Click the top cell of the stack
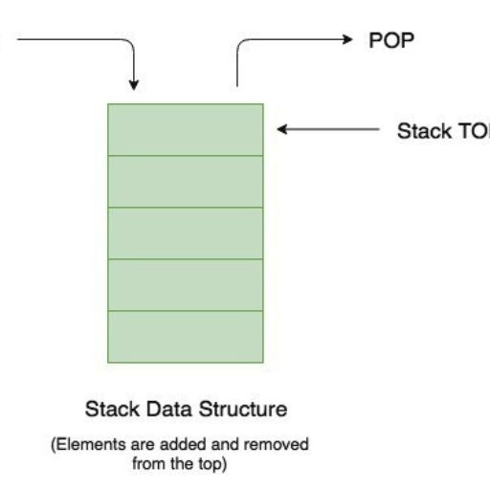point(185,129)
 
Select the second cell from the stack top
point(185,181)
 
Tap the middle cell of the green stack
point(185,233)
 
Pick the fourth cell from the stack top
point(185,284)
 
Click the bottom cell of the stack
point(185,336)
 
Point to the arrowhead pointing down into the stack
point(135,81)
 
